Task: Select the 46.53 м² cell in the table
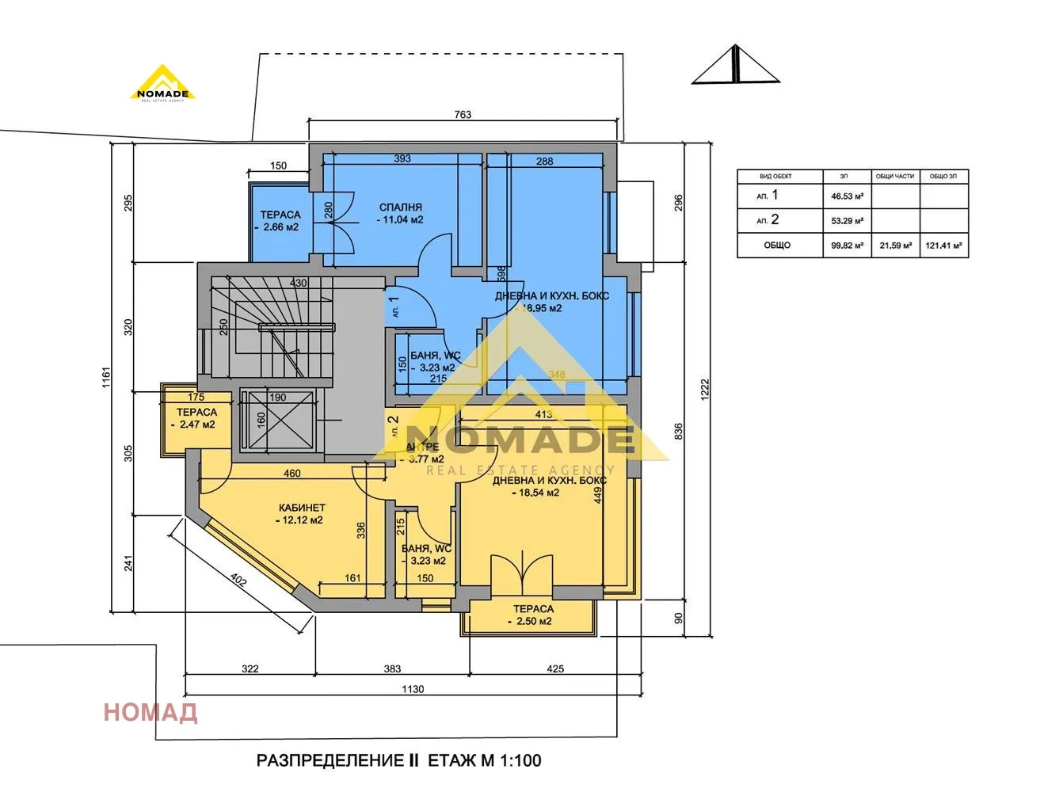847,196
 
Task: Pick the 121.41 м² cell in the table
943,246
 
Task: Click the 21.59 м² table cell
895,246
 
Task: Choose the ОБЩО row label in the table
777,246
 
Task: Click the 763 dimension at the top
463,115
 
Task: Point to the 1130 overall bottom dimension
412,689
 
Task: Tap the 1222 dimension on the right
705,388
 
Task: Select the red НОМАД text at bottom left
150,712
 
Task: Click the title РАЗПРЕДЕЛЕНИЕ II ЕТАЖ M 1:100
398,761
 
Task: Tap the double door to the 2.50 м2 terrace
521,572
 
